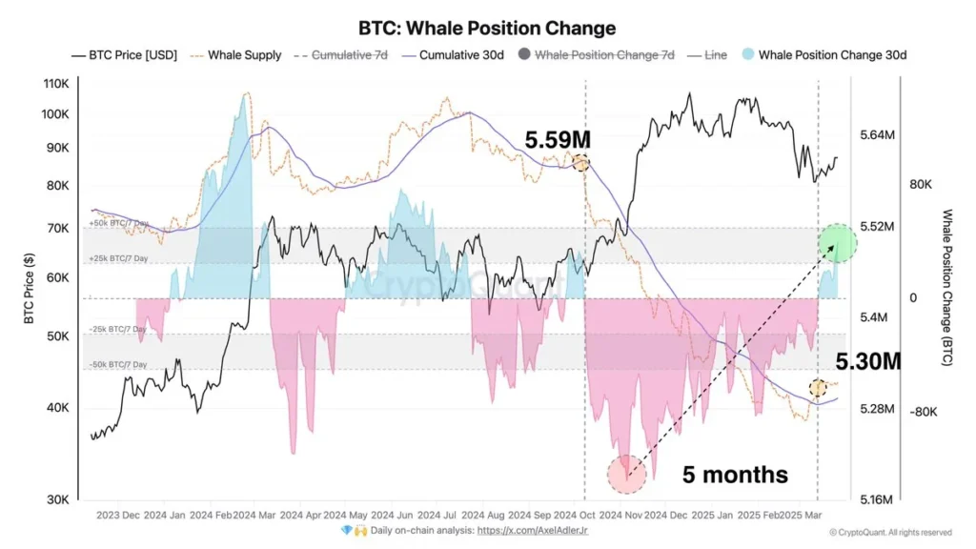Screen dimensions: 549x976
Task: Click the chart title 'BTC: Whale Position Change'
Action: coord(487,29)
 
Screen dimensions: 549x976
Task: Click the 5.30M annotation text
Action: coord(867,362)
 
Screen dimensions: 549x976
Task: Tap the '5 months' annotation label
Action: coord(735,474)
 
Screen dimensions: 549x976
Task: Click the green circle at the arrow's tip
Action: coord(839,244)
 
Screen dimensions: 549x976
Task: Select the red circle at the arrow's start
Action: coord(626,474)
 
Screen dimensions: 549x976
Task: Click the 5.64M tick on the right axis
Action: coord(877,135)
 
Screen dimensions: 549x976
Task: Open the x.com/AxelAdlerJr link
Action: coord(532,530)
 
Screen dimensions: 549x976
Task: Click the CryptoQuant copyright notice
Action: coord(890,532)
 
